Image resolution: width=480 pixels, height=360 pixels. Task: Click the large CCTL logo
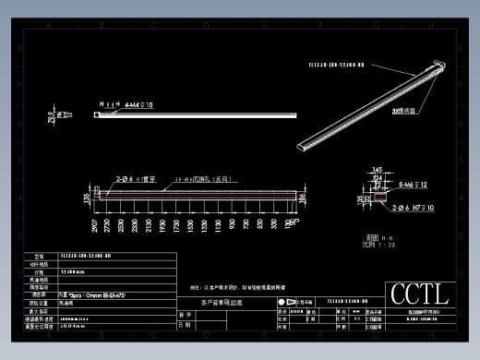pyautogui.click(x=419, y=294)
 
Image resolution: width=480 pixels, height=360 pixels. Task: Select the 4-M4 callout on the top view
pyautogui.click(x=138, y=105)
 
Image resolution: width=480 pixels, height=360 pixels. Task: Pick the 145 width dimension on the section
pyautogui.click(x=377, y=169)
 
